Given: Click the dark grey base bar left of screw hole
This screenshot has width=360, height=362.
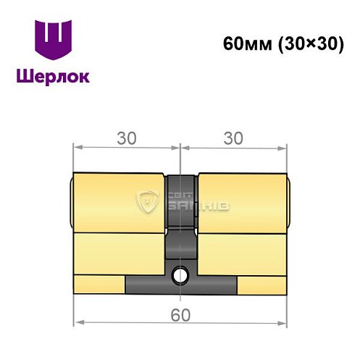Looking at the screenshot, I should pos(148,285).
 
